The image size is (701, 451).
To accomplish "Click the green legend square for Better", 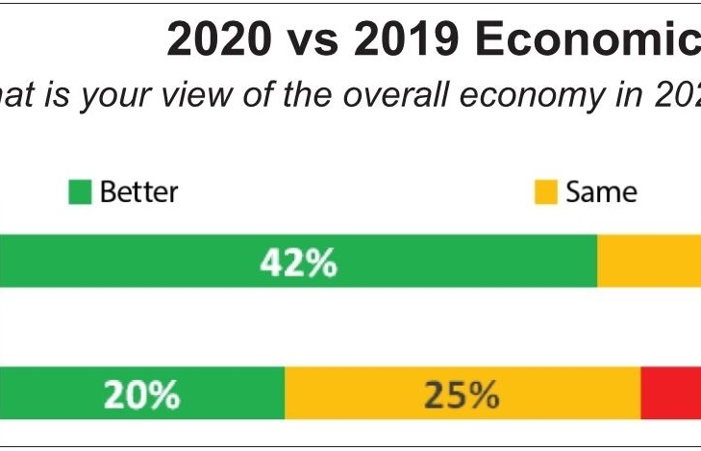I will coord(80,193).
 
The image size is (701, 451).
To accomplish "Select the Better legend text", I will coord(138,192).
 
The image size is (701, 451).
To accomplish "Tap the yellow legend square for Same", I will coord(545,193).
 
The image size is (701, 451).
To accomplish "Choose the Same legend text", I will coord(601,192).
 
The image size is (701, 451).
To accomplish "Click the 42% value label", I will coord(299,263).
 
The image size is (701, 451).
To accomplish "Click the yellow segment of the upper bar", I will coord(649,263).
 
